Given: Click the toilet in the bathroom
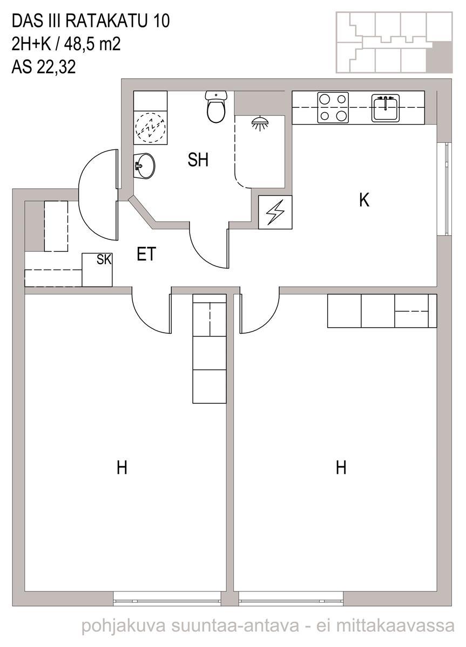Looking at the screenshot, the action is click(x=216, y=107).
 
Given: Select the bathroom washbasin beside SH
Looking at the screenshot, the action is click(x=144, y=166).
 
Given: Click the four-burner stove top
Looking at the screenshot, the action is click(x=333, y=107).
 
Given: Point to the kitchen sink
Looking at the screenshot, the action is click(x=386, y=107).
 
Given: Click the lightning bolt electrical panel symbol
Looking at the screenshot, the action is click(x=275, y=212).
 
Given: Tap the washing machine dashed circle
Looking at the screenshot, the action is click(x=151, y=127).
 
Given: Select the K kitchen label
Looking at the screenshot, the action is click(x=364, y=200).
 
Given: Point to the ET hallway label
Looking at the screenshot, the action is click(x=146, y=253).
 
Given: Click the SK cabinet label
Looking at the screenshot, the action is click(x=104, y=259).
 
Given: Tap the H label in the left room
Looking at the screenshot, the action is click(x=122, y=467).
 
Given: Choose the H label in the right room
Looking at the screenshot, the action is click(x=341, y=467).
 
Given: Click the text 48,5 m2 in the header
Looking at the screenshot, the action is click(x=92, y=44).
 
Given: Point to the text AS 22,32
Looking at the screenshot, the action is click(x=44, y=67).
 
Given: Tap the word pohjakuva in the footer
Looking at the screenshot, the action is click(x=124, y=625).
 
